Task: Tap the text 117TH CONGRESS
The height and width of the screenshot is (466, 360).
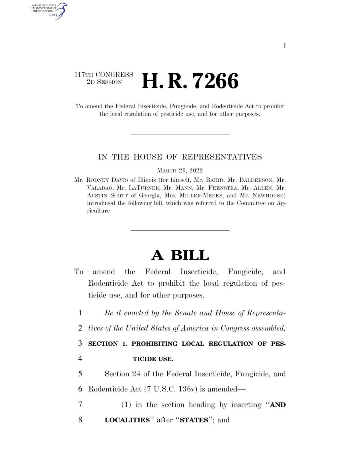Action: pos(104,75)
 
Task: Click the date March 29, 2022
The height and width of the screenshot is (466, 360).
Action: pos(180,171)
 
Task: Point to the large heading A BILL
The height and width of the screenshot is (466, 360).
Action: pos(180,255)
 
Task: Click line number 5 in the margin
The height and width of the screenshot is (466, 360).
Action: pos(80,374)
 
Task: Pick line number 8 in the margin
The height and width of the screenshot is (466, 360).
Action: pos(80,420)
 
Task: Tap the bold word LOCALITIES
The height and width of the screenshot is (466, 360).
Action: pos(127,420)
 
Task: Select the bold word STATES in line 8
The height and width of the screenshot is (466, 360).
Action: pos(194,420)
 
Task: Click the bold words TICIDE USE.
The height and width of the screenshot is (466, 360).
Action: pos(153,359)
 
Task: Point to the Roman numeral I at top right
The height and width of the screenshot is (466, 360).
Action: pos(284,46)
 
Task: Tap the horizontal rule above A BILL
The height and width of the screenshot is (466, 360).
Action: pos(180,230)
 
